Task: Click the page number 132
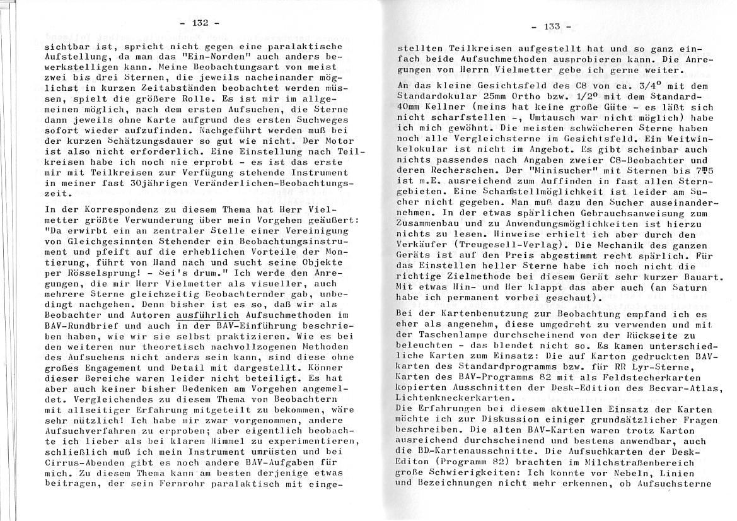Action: [199, 23]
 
